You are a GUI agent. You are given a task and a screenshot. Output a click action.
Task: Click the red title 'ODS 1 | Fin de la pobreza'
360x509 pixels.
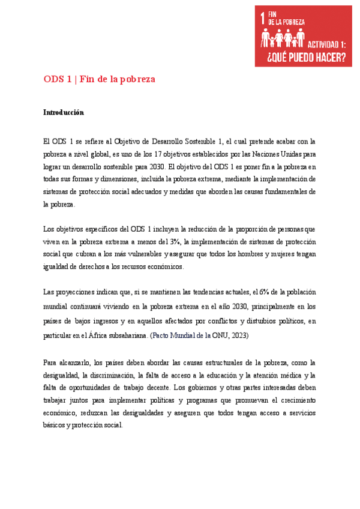tap(99, 79)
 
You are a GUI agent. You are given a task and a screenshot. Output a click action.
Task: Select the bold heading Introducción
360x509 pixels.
tap(63, 112)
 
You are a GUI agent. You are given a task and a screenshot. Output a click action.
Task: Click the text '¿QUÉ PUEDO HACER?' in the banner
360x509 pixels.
tap(302, 58)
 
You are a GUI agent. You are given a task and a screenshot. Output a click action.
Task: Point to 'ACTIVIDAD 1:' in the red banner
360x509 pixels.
tap(327, 44)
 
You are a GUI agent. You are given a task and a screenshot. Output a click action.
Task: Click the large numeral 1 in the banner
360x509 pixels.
tap(262, 19)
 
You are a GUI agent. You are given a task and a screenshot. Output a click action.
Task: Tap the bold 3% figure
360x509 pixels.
tap(175, 241)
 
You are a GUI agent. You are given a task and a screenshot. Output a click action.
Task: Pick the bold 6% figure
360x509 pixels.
tap(264, 292)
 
